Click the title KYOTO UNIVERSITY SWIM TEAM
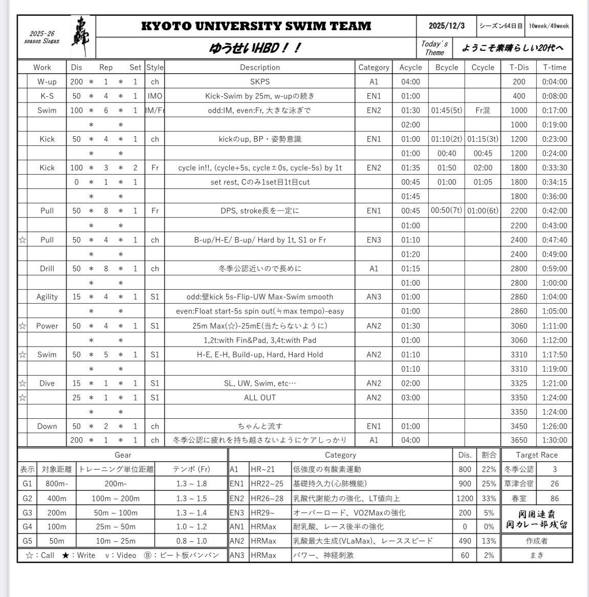(x=256, y=26)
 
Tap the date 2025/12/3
(x=446, y=26)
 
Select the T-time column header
(x=554, y=67)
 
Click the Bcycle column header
(x=446, y=67)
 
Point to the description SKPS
(x=260, y=81)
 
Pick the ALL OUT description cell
(x=260, y=397)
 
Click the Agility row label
(x=47, y=296)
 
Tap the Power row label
(x=47, y=326)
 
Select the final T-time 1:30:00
(x=554, y=440)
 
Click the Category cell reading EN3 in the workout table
(x=374, y=240)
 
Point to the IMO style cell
(x=155, y=96)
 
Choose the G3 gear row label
(x=27, y=513)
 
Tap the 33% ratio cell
(x=489, y=498)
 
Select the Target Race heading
(x=536, y=455)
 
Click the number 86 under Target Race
(x=554, y=498)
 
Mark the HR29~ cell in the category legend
(x=263, y=513)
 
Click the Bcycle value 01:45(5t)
(x=446, y=110)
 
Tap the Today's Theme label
(x=434, y=48)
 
